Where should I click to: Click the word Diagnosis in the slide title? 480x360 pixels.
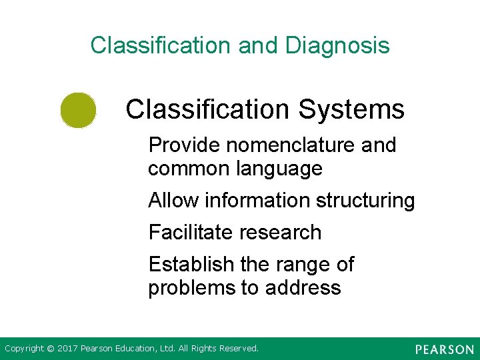(x=337, y=46)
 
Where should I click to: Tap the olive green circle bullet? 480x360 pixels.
(x=78, y=110)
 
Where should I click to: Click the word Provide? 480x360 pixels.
(x=179, y=145)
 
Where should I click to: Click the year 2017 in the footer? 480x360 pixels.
(x=67, y=349)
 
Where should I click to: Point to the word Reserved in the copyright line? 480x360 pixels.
(x=237, y=349)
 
